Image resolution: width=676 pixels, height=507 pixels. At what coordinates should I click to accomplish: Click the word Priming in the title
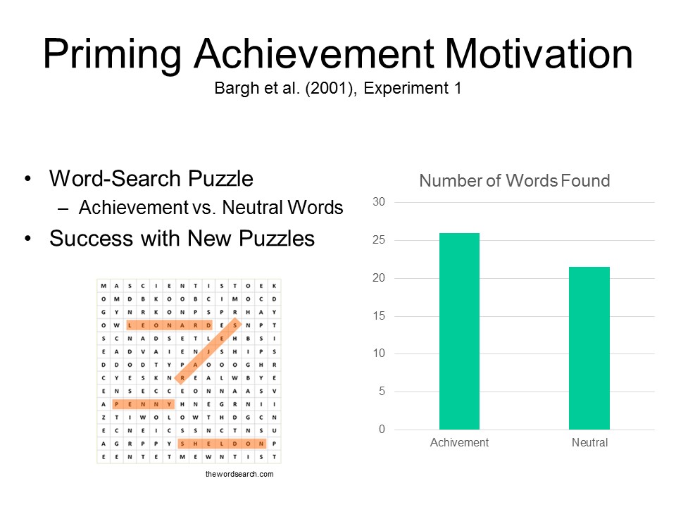(x=112, y=55)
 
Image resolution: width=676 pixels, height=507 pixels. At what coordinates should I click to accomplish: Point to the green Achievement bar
(x=459, y=331)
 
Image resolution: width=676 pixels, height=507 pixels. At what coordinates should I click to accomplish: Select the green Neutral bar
(x=589, y=348)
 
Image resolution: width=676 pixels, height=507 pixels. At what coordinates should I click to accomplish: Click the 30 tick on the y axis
(x=379, y=202)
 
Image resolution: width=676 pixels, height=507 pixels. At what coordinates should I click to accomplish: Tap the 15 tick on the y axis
(x=379, y=316)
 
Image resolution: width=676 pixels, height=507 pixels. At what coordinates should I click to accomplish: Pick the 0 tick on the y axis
(x=382, y=430)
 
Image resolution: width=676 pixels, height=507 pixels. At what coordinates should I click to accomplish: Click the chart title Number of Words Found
(x=514, y=181)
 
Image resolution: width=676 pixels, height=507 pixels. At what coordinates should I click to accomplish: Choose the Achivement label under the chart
(x=459, y=442)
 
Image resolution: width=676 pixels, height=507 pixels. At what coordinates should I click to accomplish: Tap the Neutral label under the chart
(x=589, y=442)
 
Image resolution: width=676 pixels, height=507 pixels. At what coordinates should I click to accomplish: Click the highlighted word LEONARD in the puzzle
(x=170, y=325)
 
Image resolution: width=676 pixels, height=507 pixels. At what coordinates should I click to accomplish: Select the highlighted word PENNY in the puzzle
(x=143, y=404)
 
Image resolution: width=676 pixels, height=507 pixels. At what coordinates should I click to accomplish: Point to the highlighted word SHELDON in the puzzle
(x=222, y=444)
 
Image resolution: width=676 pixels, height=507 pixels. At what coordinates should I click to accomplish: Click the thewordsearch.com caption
(x=239, y=474)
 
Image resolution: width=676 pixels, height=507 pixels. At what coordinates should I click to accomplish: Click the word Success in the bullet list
(x=91, y=239)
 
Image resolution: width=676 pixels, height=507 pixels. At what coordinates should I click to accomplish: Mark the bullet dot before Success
(x=28, y=239)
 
